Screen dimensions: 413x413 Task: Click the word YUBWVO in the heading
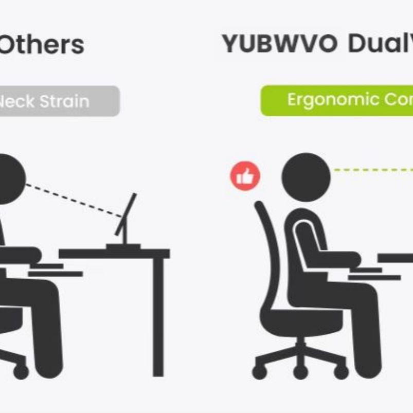click(x=280, y=44)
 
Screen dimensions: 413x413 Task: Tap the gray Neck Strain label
click(x=57, y=101)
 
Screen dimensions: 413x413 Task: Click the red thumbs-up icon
click(x=245, y=176)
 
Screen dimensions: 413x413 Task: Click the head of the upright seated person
click(x=306, y=177)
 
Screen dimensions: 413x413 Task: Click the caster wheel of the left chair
click(x=21, y=371)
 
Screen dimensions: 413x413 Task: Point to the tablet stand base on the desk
click(x=123, y=246)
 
